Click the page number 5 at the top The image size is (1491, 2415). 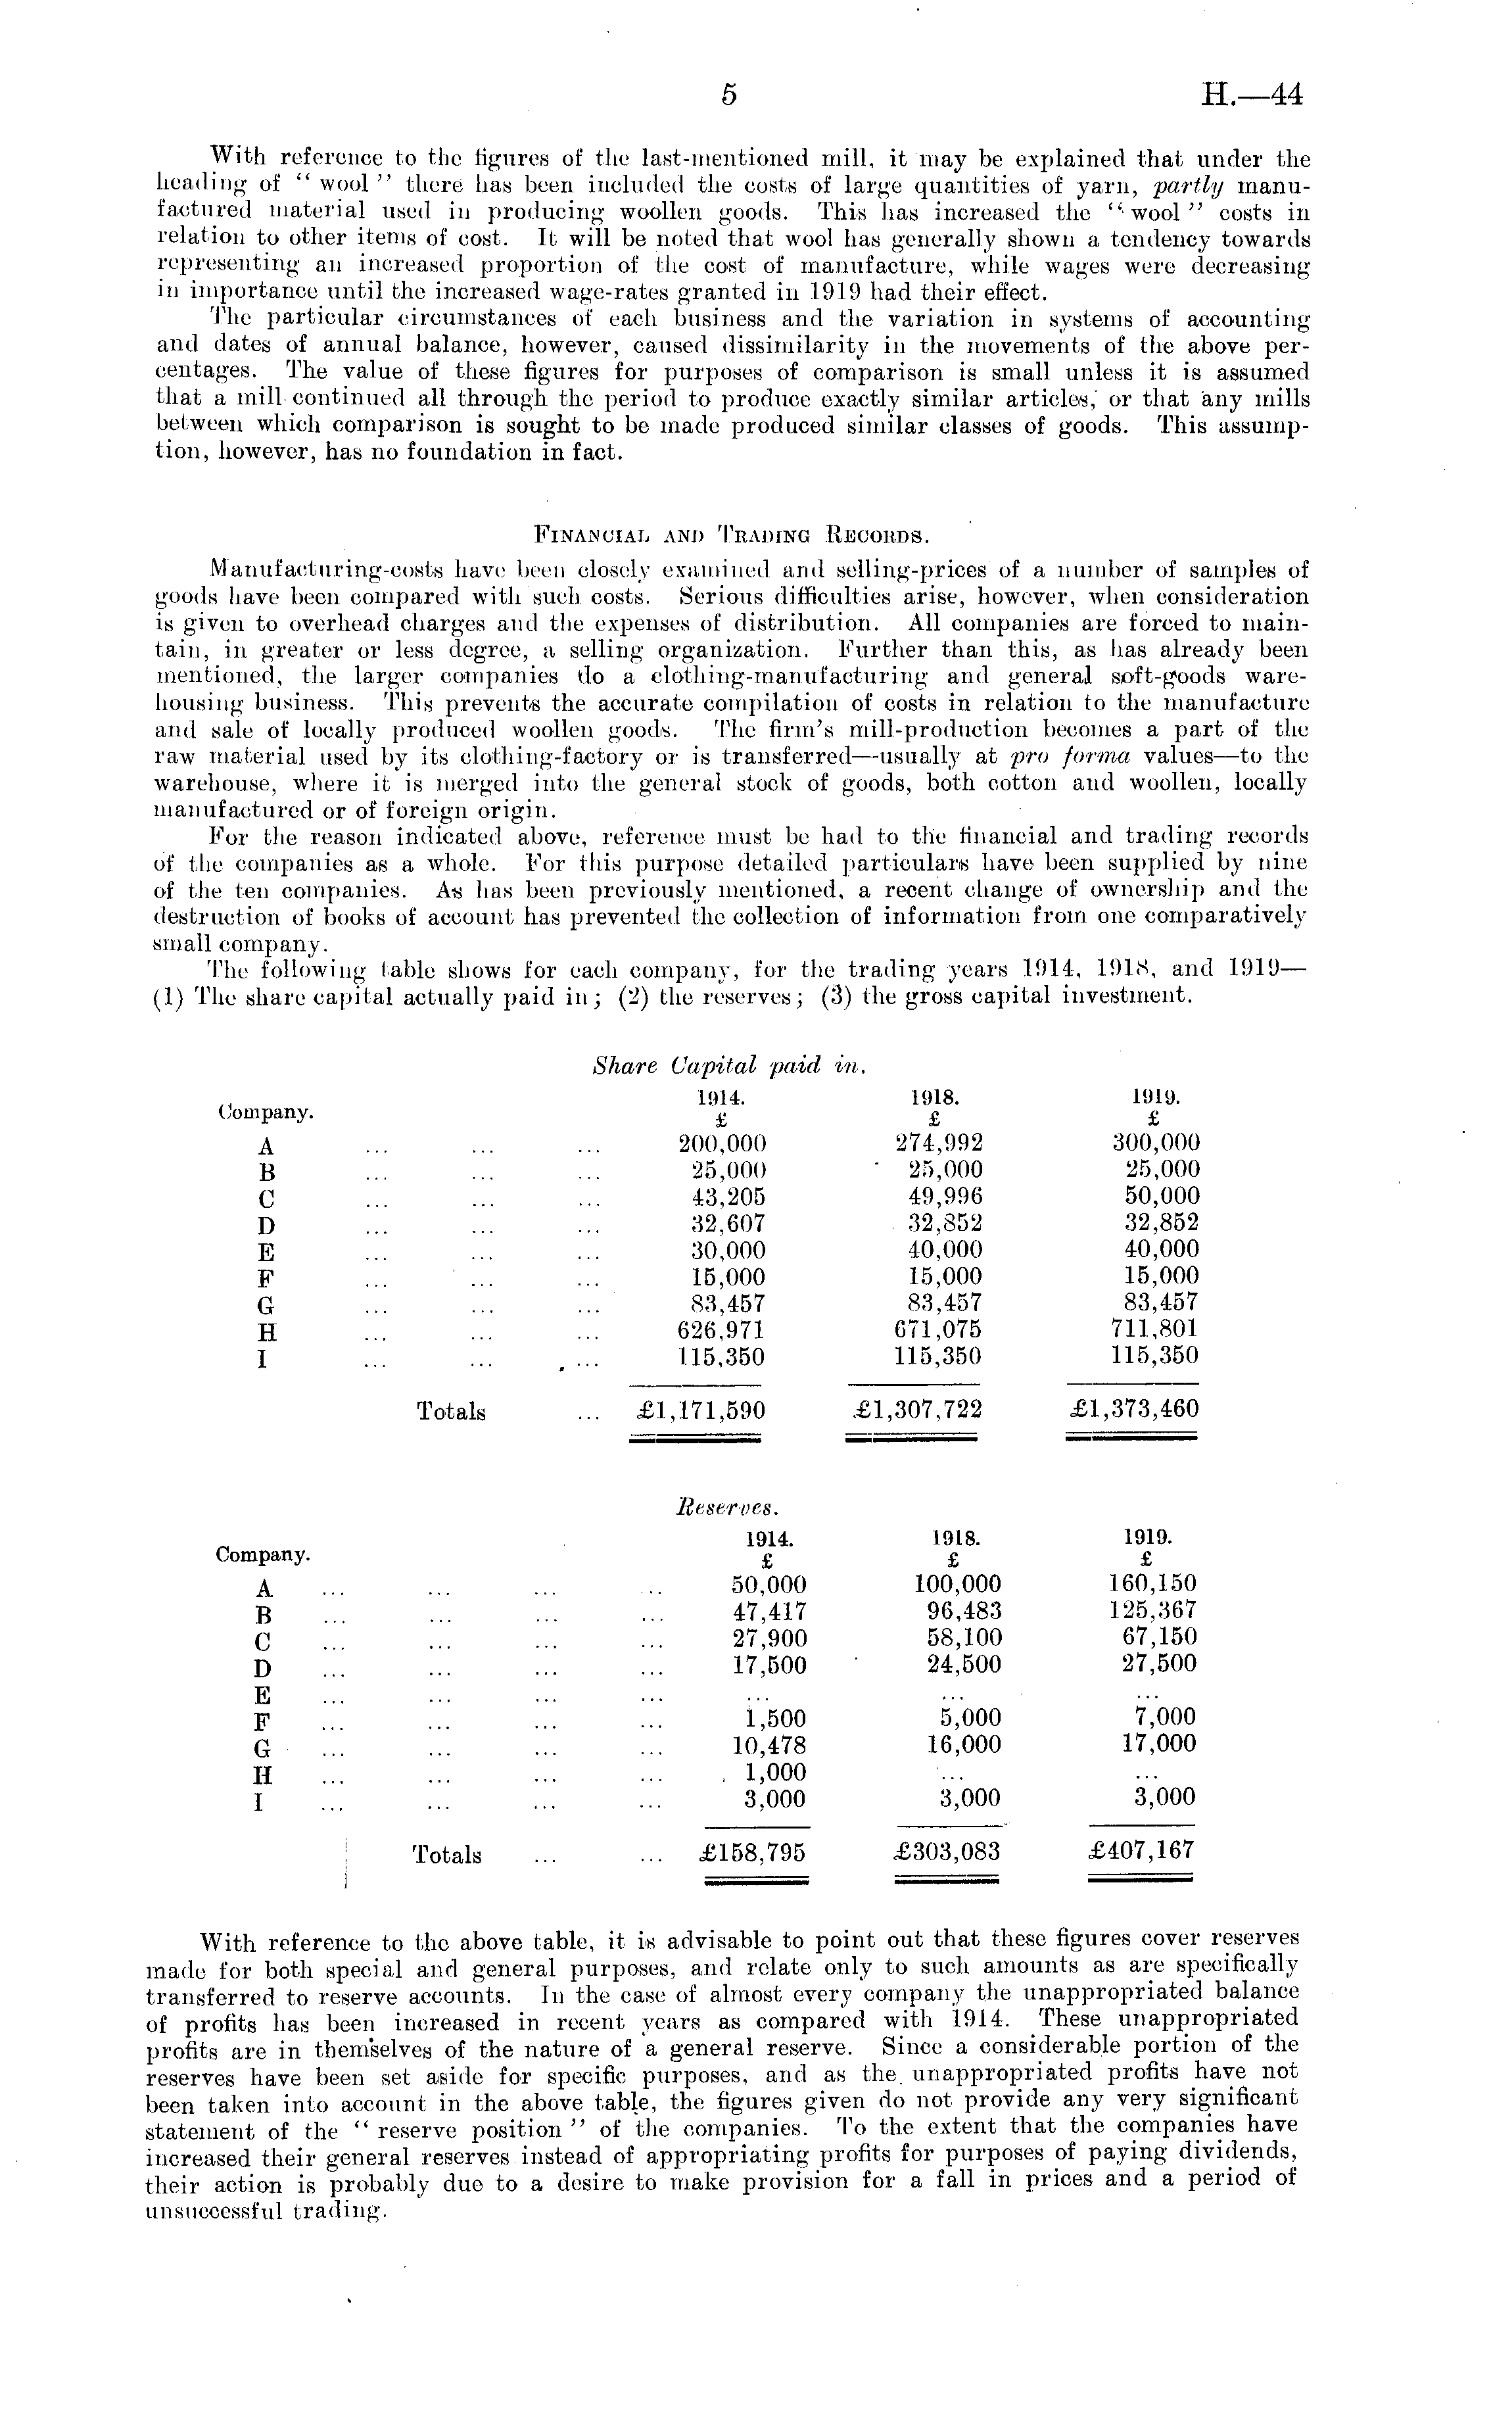tap(728, 95)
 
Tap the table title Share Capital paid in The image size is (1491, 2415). tap(728, 1065)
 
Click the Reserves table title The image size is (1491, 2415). tap(728, 1508)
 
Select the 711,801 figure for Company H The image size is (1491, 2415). tap(1154, 1329)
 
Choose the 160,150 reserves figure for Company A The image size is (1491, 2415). tap(1153, 1584)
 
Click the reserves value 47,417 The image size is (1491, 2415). tap(768, 1612)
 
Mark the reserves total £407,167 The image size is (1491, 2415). tap(1142, 1850)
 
